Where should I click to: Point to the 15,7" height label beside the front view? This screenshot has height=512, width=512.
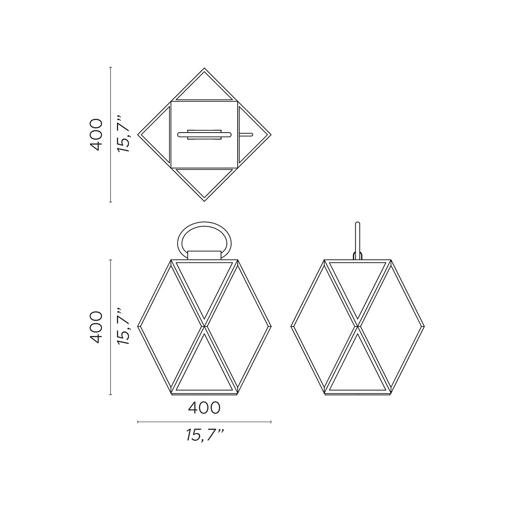pyautogui.click(x=123, y=327)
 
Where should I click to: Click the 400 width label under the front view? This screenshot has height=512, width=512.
pyautogui.click(x=204, y=408)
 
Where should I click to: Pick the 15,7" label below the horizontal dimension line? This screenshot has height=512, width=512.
pyautogui.click(x=205, y=435)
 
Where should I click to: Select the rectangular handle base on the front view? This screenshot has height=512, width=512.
pyautogui.click(x=204, y=255)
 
